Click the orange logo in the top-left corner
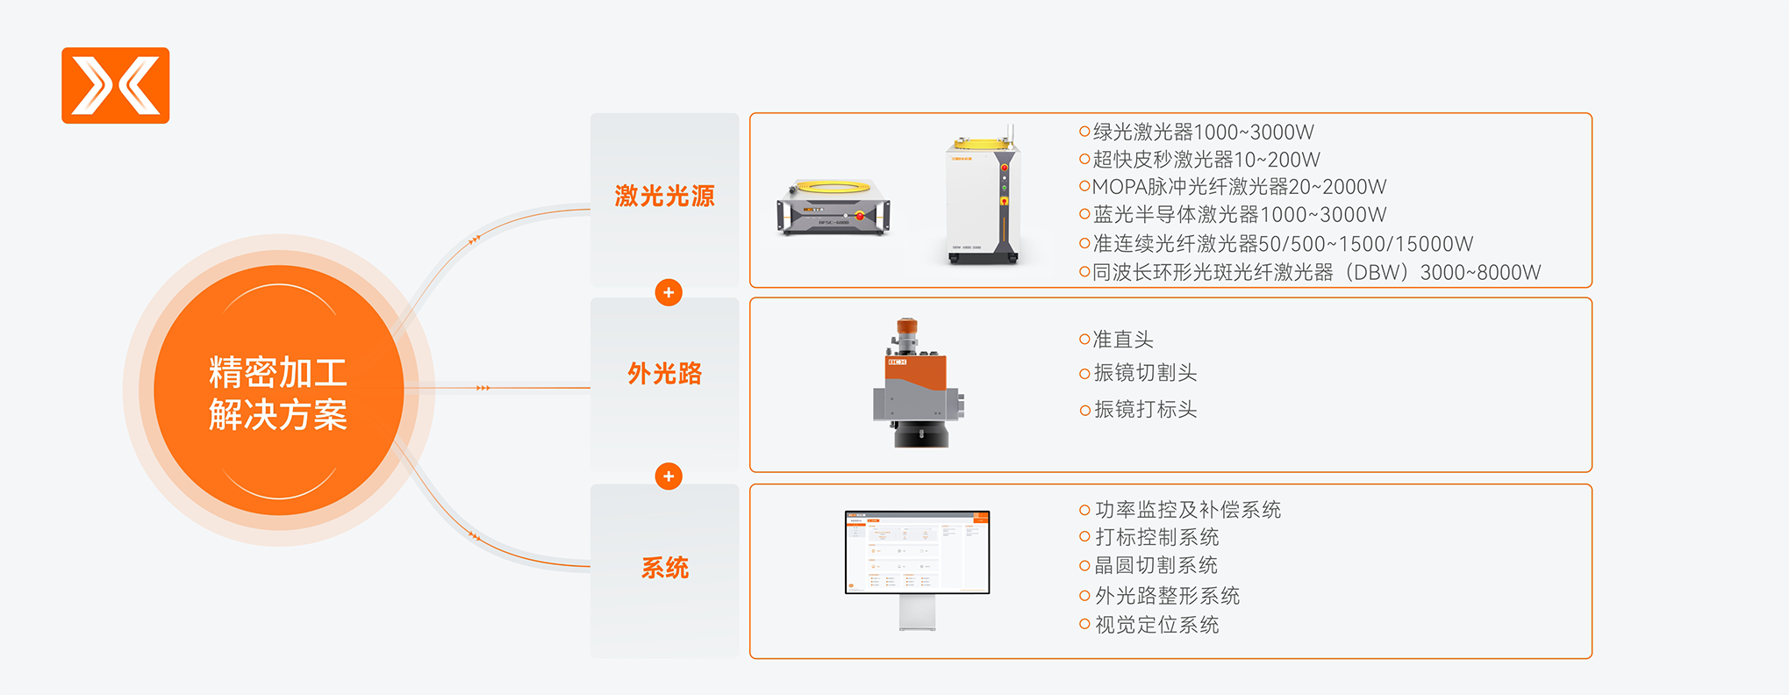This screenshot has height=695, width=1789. click(115, 85)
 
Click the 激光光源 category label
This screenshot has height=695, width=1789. click(664, 196)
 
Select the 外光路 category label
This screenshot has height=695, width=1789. click(664, 374)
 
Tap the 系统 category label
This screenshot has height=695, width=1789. click(664, 568)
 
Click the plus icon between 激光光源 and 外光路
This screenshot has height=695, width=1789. click(669, 292)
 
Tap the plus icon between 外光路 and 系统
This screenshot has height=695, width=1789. click(669, 476)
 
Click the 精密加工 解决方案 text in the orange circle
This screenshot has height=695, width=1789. click(278, 393)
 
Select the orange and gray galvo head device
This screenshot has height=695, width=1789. click(918, 383)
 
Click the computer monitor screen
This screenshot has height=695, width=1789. click(917, 552)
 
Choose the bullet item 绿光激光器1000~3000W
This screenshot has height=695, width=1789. click(1197, 132)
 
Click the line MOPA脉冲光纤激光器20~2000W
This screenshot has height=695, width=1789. click(1233, 187)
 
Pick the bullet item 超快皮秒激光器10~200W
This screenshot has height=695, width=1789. click(1199, 160)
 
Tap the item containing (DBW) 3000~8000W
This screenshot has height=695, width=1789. click(1310, 272)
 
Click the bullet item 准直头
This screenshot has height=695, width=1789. click(1116, 340)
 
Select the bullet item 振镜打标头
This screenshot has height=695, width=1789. click(1138, 410)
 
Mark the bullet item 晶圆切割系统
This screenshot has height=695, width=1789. click(1149, 565)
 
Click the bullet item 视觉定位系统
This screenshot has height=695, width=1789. click(1149, 625)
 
